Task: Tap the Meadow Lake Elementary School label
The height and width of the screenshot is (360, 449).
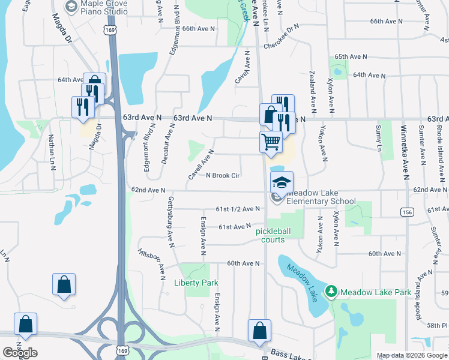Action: tap(321, 197)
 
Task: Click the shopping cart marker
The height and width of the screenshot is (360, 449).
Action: tap(271, 142)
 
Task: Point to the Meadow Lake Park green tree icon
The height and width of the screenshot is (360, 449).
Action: tap(330, 292)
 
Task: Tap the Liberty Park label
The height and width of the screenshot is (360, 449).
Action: tap(196, 283)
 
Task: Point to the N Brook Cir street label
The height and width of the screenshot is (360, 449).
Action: tap(223, 176)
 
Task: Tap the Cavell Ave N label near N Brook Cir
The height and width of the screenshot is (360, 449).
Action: tap(201, 165)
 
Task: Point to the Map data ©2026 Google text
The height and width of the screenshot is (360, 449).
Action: tap(412, 355)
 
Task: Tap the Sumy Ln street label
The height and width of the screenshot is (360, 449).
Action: tap(378, 138)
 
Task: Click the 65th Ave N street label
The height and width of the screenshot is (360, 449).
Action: tap(351, 56)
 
